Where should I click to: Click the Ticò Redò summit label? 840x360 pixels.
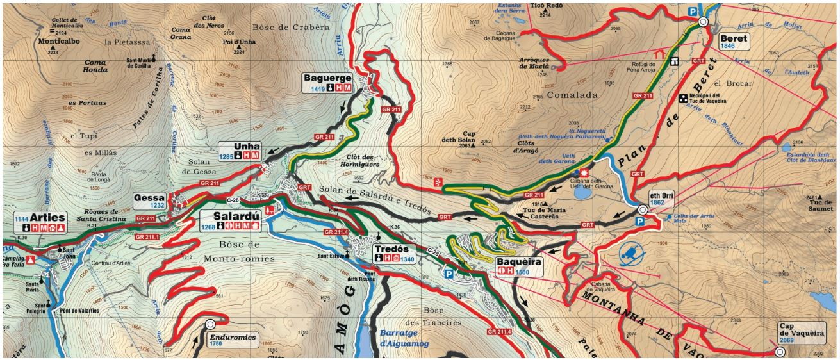point(547,6)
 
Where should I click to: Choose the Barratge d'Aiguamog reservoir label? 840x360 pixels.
point(404,338)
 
